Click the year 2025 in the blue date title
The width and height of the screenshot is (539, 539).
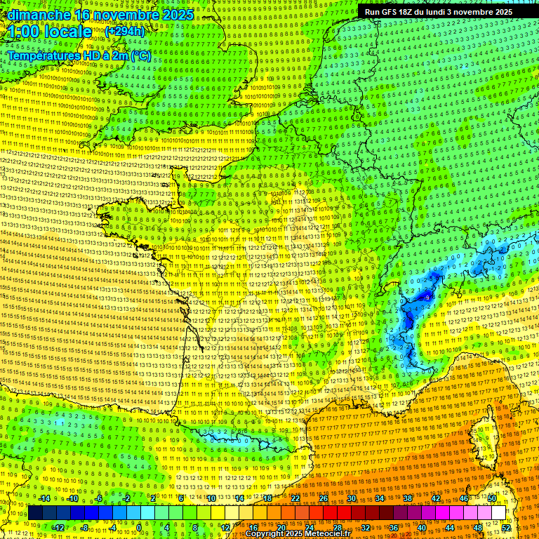pos(177,15)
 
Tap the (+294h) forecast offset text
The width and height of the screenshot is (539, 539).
pos(124,32)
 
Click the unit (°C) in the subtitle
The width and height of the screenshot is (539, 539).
pos(140,55)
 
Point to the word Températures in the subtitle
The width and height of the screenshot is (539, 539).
pos(40,55)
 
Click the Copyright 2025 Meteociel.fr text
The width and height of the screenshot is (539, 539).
pos(298,533)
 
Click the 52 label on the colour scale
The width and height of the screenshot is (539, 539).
pos(506,527)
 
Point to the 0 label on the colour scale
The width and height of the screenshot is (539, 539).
pos(139,527)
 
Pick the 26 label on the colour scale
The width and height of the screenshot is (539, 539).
pos(324,498)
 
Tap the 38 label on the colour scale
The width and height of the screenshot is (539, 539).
pos(408,498)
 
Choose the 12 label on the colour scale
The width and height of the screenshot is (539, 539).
pos(225,527)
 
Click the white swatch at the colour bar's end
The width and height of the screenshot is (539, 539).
pos(499,513)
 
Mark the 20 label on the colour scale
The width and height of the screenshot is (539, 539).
pos(281,527)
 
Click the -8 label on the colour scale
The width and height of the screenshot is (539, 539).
pos(85,527)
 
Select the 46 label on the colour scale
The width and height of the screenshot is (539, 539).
pos(464,498)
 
